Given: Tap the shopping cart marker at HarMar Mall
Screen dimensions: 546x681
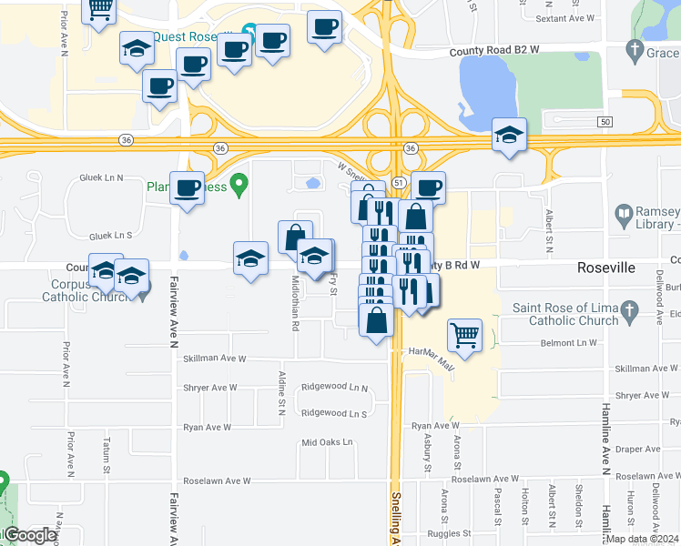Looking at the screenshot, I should point(465,335).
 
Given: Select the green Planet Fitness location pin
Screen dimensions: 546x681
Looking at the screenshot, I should point(239,186).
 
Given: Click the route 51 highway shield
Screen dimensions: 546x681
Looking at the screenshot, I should point(400,183).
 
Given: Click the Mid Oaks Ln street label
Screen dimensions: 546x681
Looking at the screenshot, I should point(326,443).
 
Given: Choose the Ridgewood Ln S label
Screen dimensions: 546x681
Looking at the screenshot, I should point(333,413).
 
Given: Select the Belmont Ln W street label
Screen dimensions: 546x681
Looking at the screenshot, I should point(566,343).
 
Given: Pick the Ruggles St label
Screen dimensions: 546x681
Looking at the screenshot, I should point(455,534).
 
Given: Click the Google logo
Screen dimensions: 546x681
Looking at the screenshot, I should point(29,535).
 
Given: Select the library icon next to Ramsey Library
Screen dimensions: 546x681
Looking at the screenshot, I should point(624,216).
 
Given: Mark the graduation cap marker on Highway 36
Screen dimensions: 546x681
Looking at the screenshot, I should point(509,136).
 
